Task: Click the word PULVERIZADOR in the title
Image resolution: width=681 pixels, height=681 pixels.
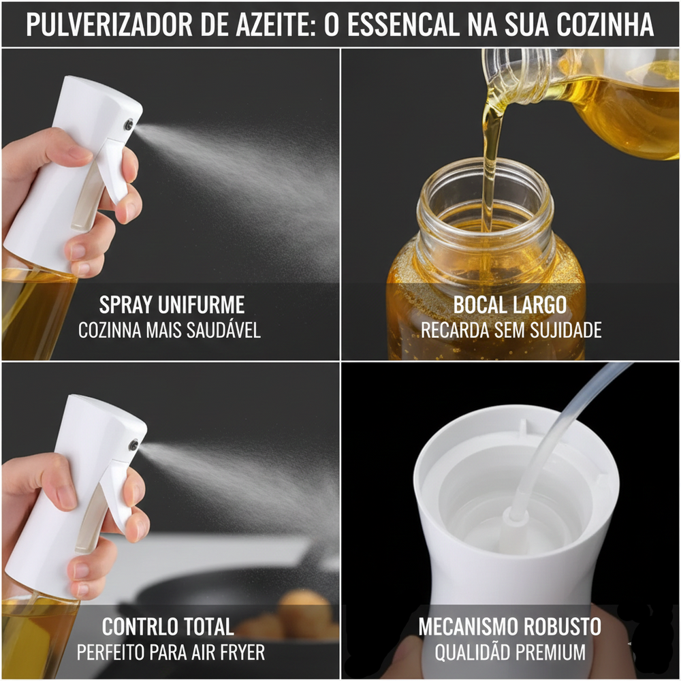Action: tap(109, 25)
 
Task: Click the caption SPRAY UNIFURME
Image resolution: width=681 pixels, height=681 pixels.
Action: tap(172, 304)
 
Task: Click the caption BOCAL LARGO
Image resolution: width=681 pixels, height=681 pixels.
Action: tap(510, 304)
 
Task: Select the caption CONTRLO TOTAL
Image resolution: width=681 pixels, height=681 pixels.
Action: tap(168, 627)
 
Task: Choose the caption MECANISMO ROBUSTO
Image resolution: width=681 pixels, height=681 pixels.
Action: tap(510, 627)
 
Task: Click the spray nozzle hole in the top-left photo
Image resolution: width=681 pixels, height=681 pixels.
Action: tap(129, 125)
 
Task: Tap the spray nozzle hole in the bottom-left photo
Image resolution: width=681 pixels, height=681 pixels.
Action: tap(134, 444)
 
